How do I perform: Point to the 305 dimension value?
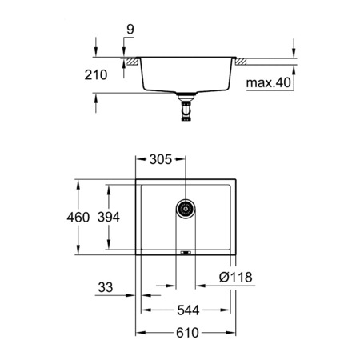point(160,159)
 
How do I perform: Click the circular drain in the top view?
point(186,208)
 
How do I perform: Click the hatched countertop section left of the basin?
point(128,59)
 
